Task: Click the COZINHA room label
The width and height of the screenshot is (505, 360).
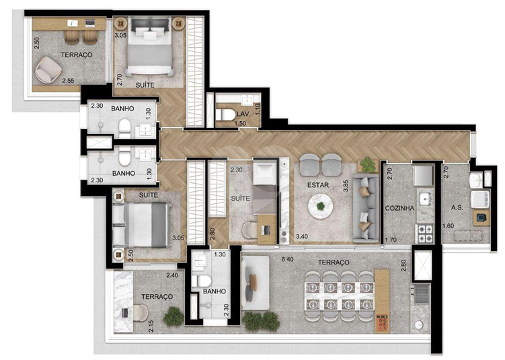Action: (x=399, y=208)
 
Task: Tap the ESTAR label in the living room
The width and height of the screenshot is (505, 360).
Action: (x=318, y=185)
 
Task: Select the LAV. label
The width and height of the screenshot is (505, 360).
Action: (x=242, y=114)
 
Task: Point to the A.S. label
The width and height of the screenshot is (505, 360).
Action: (x=457, y=208)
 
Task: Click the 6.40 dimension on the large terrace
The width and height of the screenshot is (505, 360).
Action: (x=287, y=259)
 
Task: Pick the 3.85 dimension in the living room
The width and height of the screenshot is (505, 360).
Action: (x=346, y=186)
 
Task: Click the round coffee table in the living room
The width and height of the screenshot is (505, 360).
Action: (x=321, y=207)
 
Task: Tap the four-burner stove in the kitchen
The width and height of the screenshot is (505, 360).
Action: (x=425, y=233)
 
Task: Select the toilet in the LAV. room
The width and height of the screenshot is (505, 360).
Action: (x=225, y=115)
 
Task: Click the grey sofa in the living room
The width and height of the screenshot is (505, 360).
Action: (x=366, y=208)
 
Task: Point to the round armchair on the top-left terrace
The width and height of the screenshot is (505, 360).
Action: (x=48, y=70)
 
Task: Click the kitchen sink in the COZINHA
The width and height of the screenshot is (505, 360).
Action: (x=426, y=199)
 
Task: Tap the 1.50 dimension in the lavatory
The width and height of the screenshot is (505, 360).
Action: (x=240, y=123)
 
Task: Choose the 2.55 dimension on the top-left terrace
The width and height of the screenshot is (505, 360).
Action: (x=69, y=81)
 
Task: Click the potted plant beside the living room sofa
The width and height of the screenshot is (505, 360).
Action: (x=368, y=165)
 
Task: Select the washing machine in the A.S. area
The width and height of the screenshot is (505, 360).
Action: (x=480, y=199)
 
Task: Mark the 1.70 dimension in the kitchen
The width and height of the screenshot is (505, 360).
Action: (x=391, y=240)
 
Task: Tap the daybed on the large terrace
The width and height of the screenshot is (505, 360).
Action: (x=255, y=283)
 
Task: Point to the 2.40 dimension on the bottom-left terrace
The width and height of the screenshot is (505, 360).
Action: (x=173, y=276)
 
